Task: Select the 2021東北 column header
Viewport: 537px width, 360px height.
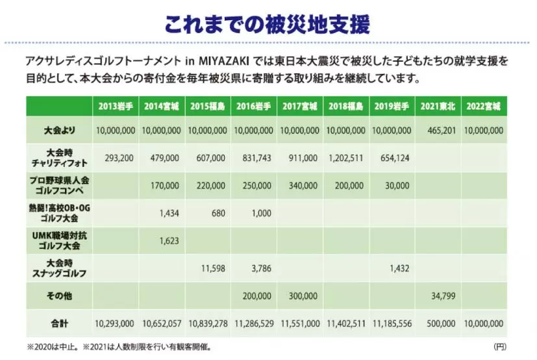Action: pyautogui.click(x=437, y=106)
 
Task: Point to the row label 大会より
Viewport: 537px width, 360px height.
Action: pyautogui.click(x=59, y=131)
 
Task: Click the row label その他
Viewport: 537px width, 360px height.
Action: pyautogui.click(x=59, y=296)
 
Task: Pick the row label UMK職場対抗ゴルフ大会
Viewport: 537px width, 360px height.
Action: pyautogui.click(x=59, y=240)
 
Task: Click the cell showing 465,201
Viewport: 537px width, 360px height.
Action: pyautogui.click(x=441, y=131)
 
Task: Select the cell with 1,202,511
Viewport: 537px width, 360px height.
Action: pyautogui.click(x=346, y=158)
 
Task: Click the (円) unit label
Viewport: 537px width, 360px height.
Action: pyautogui.click(x=499, y=346)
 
